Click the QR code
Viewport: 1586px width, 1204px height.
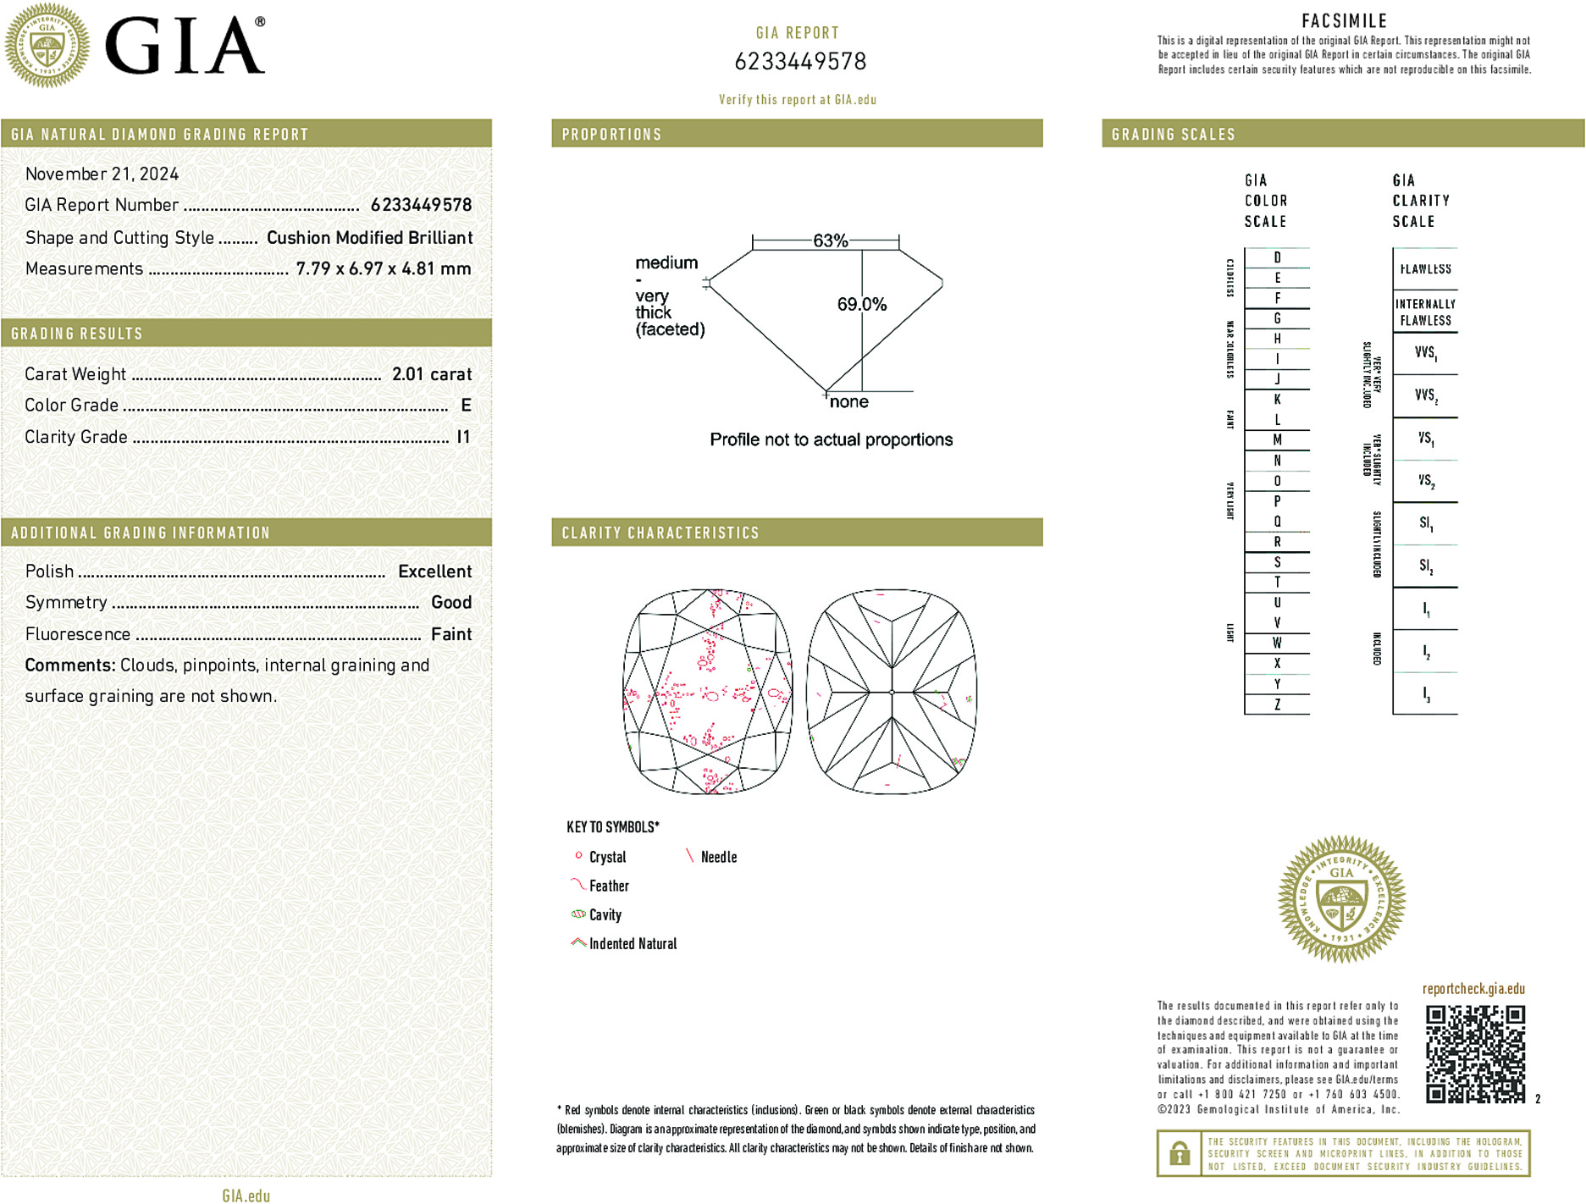click(x=1475, y=1053)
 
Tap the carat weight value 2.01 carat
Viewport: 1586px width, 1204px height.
click(x=431, y=374)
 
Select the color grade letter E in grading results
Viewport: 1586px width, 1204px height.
click(x=466, y=406)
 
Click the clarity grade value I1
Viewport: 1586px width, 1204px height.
click(x=463, y=437)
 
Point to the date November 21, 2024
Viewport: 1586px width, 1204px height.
click(x=102, y=174)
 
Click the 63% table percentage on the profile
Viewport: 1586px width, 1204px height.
click(x=830, y=241)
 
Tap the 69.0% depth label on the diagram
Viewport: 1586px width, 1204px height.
click(x=861, y=304)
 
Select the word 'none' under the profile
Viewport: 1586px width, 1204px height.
click(x=848, y=402)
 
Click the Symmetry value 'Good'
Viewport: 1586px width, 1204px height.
click(x=451, y=603)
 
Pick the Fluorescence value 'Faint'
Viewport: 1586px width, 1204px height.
click(x=451, y=634)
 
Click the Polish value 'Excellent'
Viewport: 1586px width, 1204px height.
click(x=434, y=572)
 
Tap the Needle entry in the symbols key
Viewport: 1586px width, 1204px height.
click(x=718, y=858)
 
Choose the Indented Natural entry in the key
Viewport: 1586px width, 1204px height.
click(x=633, y=944)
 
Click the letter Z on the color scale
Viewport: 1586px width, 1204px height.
click(x=1277, y=704)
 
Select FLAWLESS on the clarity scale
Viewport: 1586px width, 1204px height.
click(x=1425, y=269)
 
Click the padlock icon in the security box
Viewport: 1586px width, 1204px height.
click(x=1179, y=1153)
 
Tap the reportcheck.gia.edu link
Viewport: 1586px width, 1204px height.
click(x=1473, y=989)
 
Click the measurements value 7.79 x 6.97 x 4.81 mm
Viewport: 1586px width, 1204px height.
click(x=383, y=269)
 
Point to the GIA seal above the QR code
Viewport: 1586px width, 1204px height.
click(x=1341, y=899)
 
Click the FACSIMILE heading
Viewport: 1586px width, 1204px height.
click(x=1344, y=21)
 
